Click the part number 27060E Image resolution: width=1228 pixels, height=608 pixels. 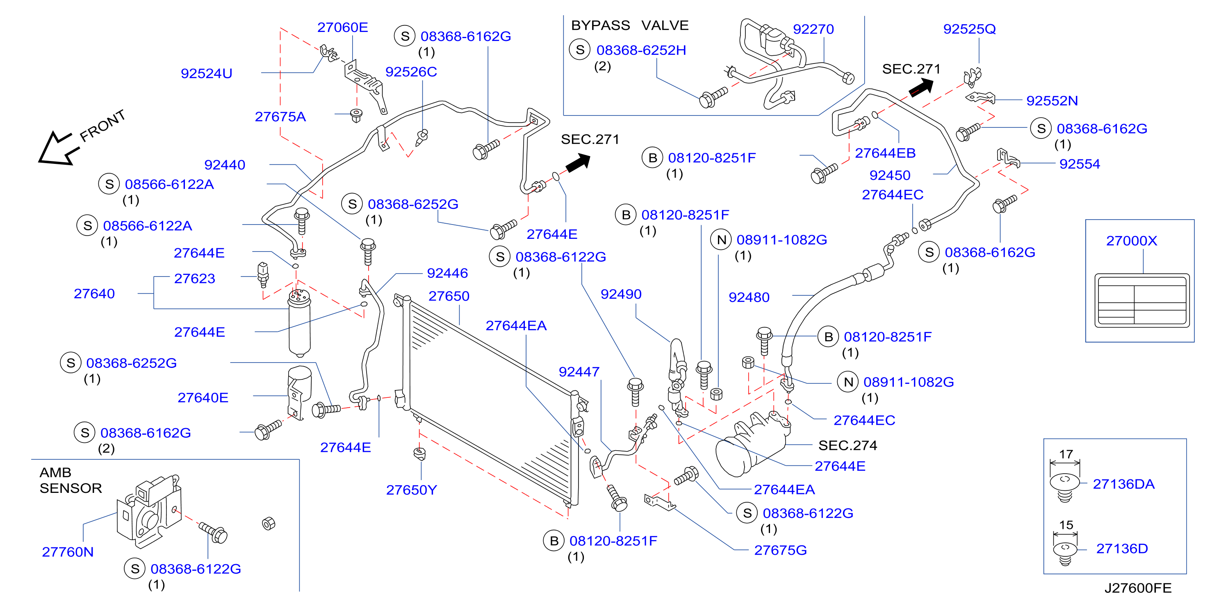click(342, 27)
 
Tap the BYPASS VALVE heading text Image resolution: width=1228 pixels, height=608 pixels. click(630, 25)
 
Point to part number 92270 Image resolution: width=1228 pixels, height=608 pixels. click(813, 29)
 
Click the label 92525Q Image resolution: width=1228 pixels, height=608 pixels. click(969, 29)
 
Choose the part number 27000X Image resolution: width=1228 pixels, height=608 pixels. click(1131, 240)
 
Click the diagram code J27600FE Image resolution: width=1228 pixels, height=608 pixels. click(1138, 588)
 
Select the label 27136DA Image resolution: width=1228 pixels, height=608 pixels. click(1123, 484)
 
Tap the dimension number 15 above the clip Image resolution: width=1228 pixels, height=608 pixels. click(1066, 525)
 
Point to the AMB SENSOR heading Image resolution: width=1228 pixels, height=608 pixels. click(71, 480)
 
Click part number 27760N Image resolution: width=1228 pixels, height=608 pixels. click(68, 552)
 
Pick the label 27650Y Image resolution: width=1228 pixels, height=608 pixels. click(411, 490)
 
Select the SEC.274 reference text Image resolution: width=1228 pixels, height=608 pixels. click(848, 445)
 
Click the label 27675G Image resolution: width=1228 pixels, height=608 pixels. click(780, 550)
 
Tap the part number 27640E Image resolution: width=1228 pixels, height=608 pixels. click(203, 398)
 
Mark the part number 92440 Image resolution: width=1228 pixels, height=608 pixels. click(225, 165)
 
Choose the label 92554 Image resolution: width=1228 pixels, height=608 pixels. click(1079, 164)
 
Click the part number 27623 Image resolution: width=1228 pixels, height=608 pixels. click(194, 278)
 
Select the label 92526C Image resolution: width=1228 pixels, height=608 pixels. click(411, 72)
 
